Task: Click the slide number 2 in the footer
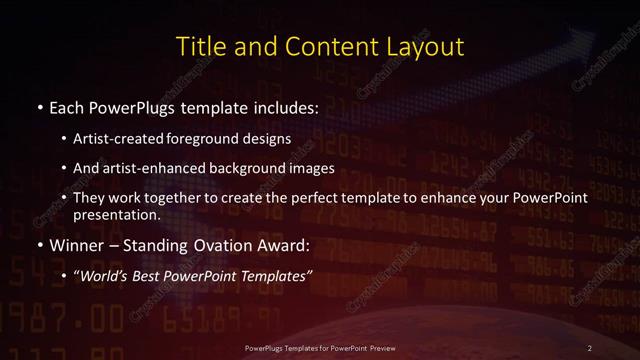590,347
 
